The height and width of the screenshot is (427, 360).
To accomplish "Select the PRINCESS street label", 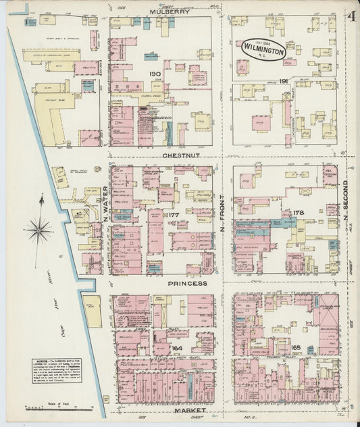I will [188, 284].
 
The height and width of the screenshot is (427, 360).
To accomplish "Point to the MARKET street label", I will [188, 411].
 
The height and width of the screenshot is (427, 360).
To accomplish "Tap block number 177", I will [173, 216].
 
